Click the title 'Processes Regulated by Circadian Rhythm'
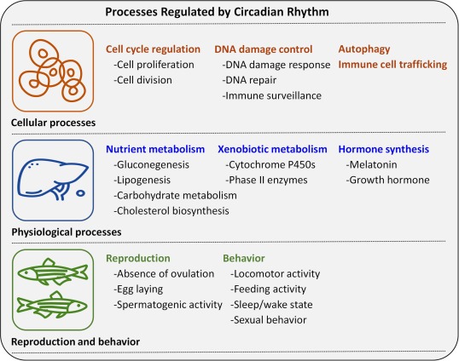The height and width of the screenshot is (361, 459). pyautogui.click(x=217, y=12)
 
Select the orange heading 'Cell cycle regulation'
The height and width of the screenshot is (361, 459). pyautogui.click(x=153, y=49)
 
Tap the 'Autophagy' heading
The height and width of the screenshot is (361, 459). pyautogui.click(x=364, y=49)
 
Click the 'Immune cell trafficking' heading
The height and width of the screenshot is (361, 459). pyautogui.click(x=392, y=64)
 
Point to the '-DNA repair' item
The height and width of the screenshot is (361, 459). pyautogui.click(x=249, y=80)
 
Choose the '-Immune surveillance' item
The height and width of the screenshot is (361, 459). pyautogui.click(x=271, y=95)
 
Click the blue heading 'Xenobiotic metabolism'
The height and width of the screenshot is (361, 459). pyautogui.click(x=272, y=149)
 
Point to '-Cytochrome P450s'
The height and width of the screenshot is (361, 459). pyautogui.click(x=270, y=164)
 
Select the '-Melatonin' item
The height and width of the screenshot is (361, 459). pyautogui.click(x=371, y=164)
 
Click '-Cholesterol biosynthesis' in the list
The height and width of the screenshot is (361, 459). pyautogui.click(x=171, y=211)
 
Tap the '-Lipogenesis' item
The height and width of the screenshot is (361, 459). pyautogui.click(x=142, y=180)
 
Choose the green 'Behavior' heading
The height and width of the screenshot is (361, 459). pyautogui.click(x=244, y=258)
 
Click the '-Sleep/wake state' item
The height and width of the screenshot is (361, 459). pyautogui.click(x=271, y=305)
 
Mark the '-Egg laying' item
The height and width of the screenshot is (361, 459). pyautogui.click(x=138, y=289)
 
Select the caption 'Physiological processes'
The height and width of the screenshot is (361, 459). pyautogui.click(x=67, y=232)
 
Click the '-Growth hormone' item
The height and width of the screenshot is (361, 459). pyautogui.click(x=387, y=180)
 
